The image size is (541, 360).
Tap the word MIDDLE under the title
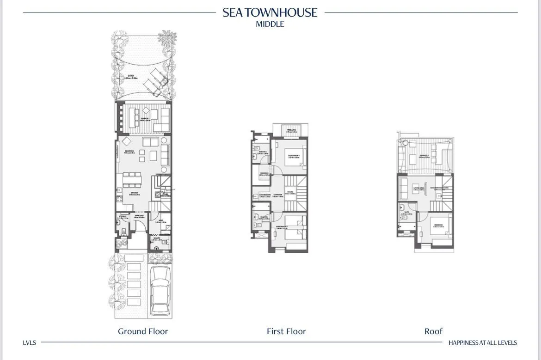270,24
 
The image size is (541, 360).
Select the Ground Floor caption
143,331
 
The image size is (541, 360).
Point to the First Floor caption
286,331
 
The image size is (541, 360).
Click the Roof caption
433,331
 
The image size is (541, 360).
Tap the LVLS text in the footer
29,343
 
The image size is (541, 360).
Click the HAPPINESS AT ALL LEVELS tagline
483,343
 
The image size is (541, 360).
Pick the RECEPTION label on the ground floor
129,151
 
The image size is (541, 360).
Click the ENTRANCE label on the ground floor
139,215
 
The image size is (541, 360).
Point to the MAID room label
160,221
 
